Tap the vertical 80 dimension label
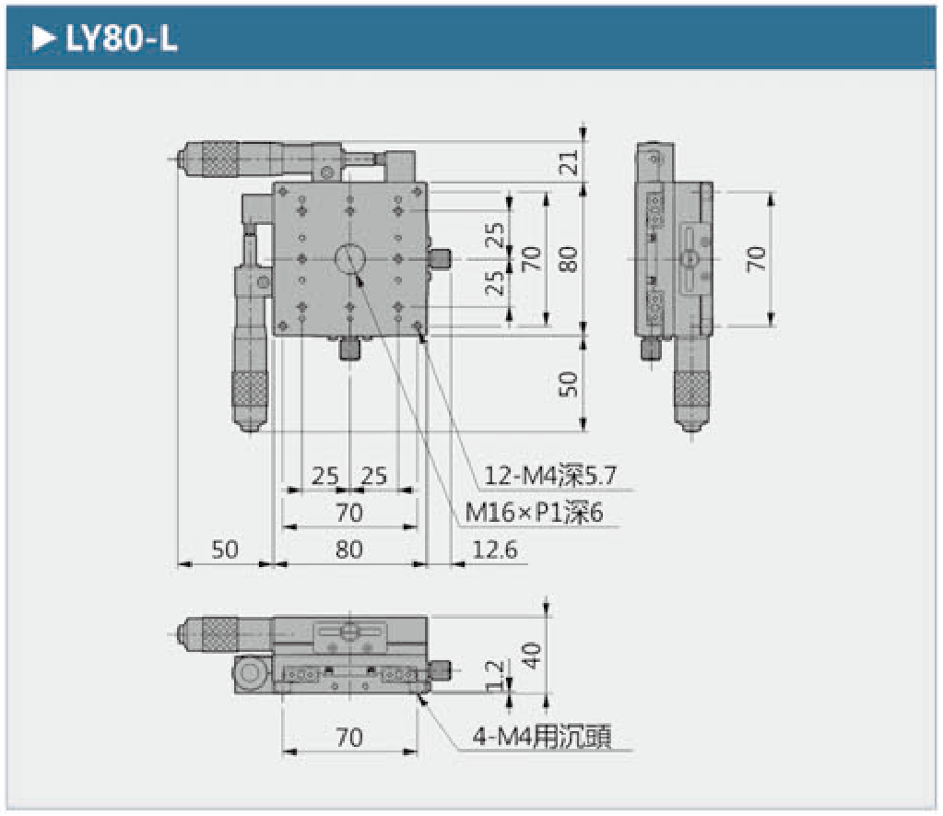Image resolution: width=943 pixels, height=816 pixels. (x=569, y=259)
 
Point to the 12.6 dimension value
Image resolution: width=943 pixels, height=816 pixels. (x=494, y=550)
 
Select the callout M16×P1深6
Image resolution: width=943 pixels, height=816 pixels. (x=534, y=513)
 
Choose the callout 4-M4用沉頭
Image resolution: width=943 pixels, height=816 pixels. (x=542, y=738)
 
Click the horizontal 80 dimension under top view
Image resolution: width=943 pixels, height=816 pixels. (x=349, y=550)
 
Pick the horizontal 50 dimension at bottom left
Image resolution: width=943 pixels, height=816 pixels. (x=224, y=550)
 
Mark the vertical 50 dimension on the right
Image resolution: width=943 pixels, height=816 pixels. (x=569, y=383)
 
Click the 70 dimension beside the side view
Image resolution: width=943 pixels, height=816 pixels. (x=757, y=259)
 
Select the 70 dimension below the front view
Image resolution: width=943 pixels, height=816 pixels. (x=349, y=738)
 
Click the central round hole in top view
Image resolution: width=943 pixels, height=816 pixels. (x=349, y=259)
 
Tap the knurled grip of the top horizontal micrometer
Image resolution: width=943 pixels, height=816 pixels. (x=219, y=160)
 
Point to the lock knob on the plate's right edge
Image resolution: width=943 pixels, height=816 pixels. (x=440, y=259)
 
